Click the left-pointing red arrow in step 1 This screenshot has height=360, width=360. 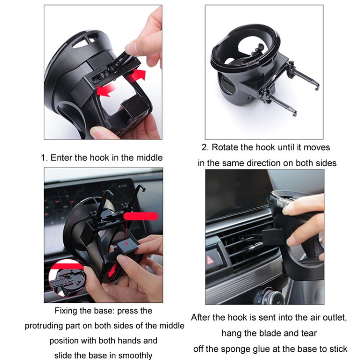click(107, 89)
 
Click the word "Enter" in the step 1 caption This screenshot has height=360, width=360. click(61, 157)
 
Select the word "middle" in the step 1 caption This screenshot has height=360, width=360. click(149, 157)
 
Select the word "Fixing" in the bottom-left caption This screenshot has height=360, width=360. click(67, 311)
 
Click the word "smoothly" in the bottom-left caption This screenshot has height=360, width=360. click(136, 356)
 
